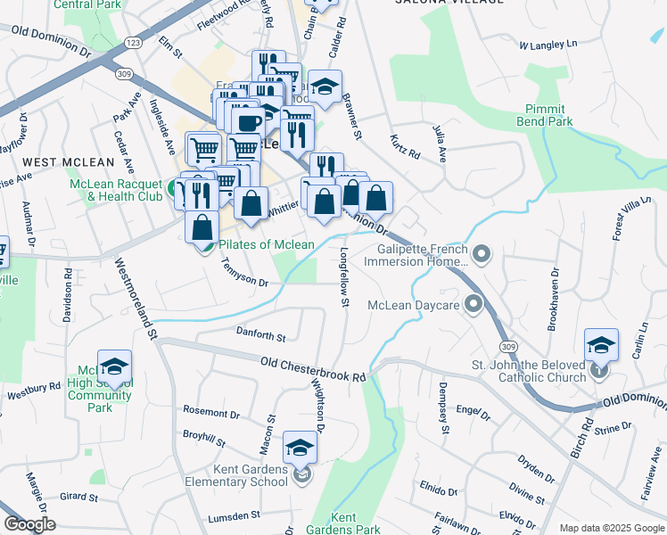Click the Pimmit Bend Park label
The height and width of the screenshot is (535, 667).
point(543,114)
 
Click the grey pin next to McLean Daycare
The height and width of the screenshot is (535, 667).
point(473,305)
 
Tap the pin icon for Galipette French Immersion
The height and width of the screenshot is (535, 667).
point(482,256)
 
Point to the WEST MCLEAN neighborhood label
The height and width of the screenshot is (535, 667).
point(68,162)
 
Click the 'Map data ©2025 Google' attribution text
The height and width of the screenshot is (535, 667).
point(611,528)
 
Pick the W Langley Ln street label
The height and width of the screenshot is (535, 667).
point(548,44)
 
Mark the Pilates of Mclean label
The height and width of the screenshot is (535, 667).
point(267,244)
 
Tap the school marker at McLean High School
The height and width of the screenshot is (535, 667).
point(114,366)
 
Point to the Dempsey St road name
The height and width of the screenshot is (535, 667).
point(442,407)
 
